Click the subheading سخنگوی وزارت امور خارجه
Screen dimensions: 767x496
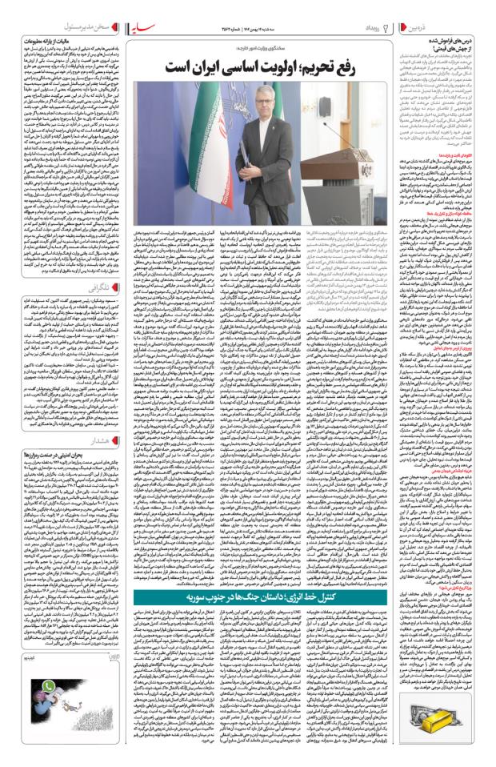[x=273, y=46]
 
